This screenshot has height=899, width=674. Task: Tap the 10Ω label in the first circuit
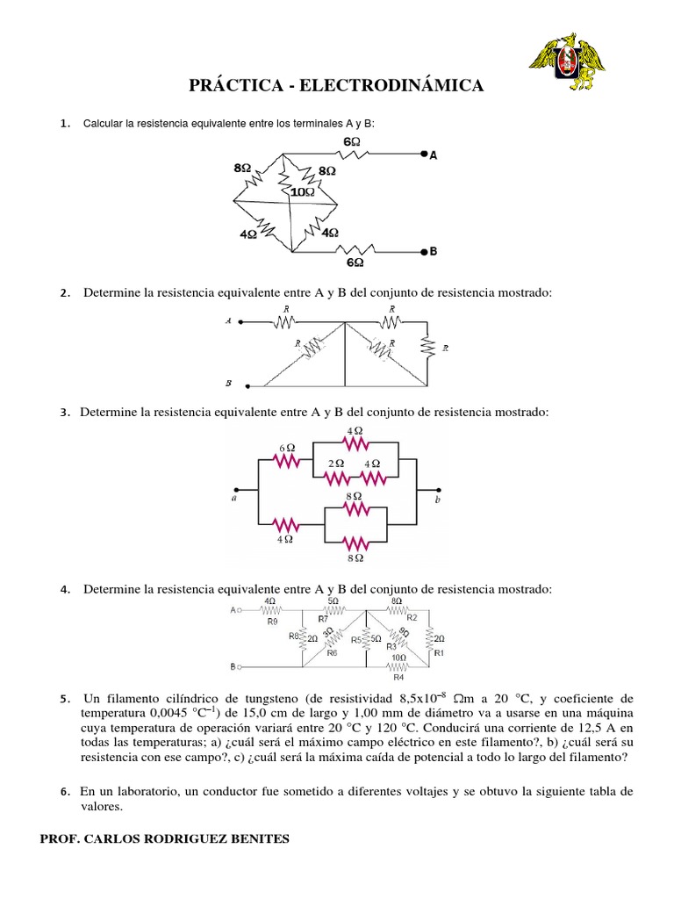(x=303, y=190)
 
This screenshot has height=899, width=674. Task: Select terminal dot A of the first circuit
(x=423, y=155)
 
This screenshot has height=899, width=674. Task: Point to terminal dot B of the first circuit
(x=423, y=251)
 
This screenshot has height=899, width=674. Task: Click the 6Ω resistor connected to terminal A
(x=350, y=155)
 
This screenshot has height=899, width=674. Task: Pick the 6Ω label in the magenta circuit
(x=287, y=448)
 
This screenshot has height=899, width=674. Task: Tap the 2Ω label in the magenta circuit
(x=335, y=463)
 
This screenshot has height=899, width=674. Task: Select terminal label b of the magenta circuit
(x=438, y=499)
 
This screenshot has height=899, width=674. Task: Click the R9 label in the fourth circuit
(x=272, y=622)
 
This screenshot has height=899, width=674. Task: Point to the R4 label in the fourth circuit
(x=398, y=677)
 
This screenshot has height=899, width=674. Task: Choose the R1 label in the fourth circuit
(x=439, y=652)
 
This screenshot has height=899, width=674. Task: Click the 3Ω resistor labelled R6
(x=327, y=636)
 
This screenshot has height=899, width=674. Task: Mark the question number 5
(x=64, y=699)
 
